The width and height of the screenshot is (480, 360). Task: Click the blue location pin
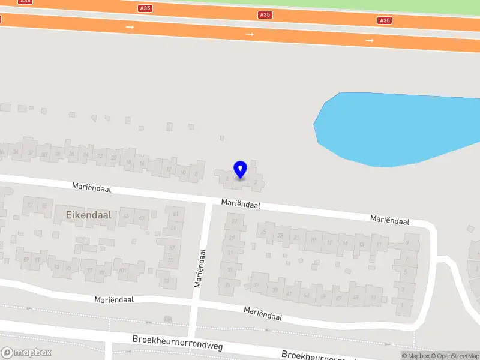coord(240,170)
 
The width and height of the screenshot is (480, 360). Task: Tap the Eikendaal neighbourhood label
coord(85,215)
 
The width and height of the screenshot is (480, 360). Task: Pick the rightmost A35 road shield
coord(385,20)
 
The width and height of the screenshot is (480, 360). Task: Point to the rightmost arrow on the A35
coord(370,40)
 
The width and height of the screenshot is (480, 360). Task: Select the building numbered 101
coord(122,270)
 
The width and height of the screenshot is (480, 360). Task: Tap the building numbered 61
coord(176,214)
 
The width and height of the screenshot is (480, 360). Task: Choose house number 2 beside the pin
coord(256,181)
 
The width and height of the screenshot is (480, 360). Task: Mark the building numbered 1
coord(403,305)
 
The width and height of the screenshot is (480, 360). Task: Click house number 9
coord(407,242)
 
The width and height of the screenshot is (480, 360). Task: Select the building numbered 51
coord(373,298)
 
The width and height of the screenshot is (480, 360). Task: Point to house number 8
coord(196,174)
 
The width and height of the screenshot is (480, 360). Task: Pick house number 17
coord(329,242)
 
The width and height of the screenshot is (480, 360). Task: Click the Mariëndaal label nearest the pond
coord(389,221)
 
